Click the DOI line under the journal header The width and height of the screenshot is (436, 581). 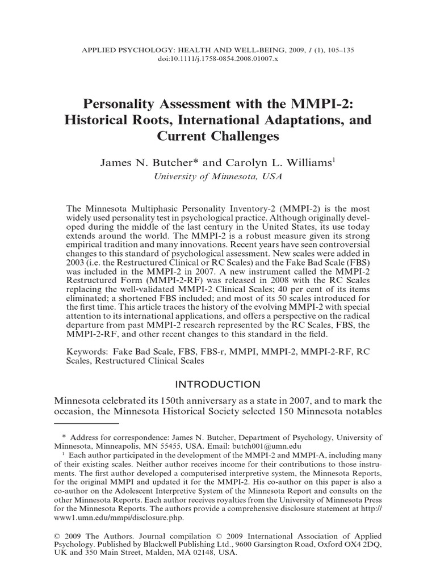click(x=218, y=59)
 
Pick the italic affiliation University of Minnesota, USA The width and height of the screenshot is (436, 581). click(x=217, y=176)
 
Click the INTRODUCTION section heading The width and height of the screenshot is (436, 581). click(x=218, y=384)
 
